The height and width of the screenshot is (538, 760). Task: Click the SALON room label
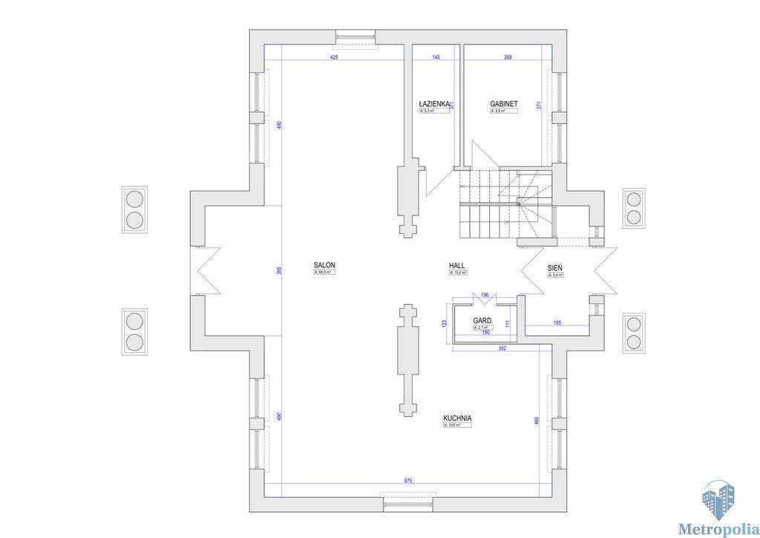tap(324, 265)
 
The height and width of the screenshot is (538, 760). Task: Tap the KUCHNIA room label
tap(457, 418)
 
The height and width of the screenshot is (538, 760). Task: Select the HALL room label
tap(457, 265)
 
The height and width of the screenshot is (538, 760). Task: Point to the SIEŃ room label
tap(555, 268)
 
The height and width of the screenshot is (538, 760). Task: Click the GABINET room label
tap(503, 104)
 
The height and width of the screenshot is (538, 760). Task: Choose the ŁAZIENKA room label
tap(434, 104)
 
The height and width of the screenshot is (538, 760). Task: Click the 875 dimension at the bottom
tap(408, 482)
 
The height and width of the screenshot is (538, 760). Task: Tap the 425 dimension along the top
tap(334, 57)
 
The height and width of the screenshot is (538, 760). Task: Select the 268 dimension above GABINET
tap(508, 57)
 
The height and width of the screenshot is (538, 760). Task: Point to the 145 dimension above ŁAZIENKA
tap(436, 57)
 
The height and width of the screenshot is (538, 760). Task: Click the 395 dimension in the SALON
tap(280, 270)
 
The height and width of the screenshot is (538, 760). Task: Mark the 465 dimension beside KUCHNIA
tap(537, 421)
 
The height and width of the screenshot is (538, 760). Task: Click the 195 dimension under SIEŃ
tap(557, 323)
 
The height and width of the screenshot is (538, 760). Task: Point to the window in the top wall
tap(356, 35)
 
